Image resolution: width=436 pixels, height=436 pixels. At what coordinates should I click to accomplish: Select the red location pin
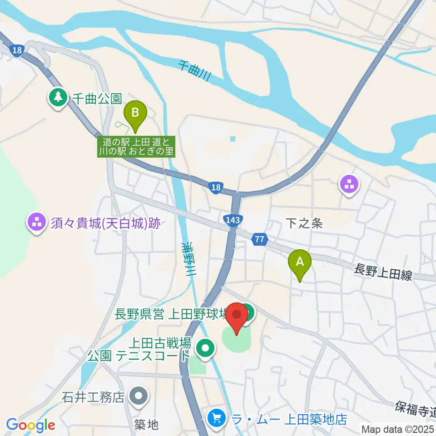coord(237,317)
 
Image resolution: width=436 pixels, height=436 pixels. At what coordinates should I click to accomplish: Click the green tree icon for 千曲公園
coord(58,98)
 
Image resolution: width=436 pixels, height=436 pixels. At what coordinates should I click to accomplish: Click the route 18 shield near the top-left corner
coord(16,50)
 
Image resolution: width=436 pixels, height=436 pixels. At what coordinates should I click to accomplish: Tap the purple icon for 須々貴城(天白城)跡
coord(36,223)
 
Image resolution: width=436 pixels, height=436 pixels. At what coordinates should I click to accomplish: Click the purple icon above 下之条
coord(349,185)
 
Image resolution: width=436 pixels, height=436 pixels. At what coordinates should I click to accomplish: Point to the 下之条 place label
coord(304,223)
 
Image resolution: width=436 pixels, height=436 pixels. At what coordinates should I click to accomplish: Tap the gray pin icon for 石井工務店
coord(139,397)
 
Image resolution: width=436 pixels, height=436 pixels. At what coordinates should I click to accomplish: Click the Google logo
coord(30,425)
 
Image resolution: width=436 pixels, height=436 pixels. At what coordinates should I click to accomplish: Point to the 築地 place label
coord(147,425)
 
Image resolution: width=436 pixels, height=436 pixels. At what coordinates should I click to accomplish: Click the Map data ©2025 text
coord(398,428)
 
